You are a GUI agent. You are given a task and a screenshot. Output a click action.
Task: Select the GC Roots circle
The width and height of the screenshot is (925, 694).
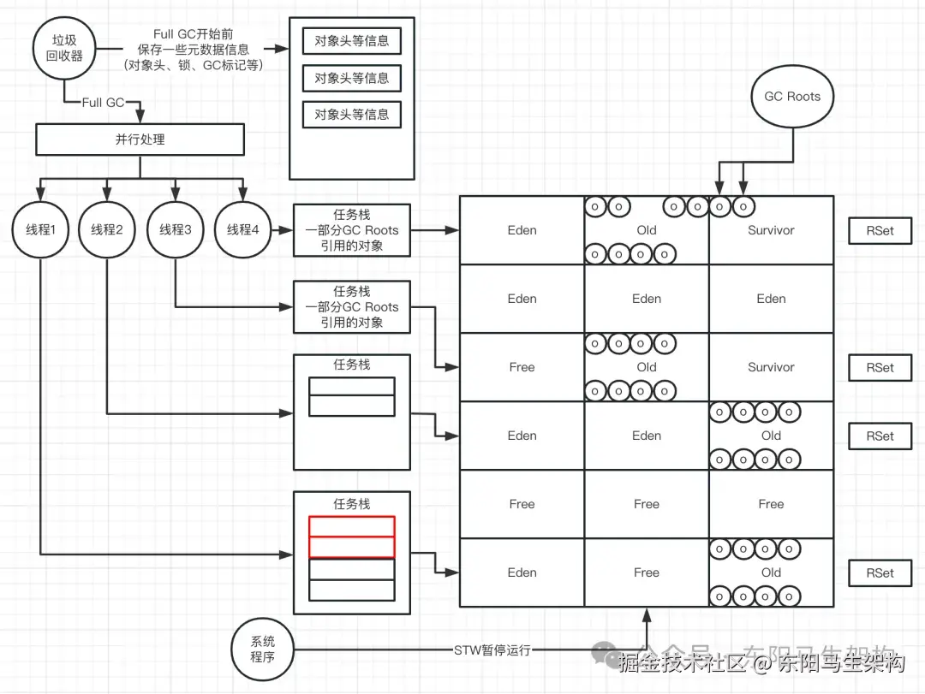(791, 97)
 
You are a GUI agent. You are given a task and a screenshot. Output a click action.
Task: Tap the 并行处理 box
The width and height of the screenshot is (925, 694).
(140, 139)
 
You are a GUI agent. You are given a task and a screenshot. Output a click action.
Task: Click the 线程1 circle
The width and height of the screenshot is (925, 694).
(39, 229)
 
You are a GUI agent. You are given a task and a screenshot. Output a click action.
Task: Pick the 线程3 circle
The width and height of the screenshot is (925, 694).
(175, 229)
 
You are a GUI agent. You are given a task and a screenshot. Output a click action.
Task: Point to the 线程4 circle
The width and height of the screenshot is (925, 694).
(242, 229)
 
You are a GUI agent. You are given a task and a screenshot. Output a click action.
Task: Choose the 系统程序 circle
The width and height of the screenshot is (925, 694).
(262, 650)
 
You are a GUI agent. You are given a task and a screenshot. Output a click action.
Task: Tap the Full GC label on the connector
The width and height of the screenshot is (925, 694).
(104, 103)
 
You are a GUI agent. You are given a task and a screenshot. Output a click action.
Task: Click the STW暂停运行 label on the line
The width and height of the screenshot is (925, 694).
(492, 650)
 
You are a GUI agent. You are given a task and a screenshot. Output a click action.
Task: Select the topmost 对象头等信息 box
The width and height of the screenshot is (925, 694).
(351, 41)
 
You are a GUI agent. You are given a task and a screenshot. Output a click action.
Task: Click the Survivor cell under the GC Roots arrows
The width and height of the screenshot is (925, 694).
(771, 230)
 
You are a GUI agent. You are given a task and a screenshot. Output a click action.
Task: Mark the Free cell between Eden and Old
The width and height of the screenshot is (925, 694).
(647, 572)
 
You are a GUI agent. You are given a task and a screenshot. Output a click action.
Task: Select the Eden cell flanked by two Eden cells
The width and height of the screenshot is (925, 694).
(647, 299)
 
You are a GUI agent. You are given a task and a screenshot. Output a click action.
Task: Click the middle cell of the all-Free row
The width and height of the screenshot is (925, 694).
(647, 504)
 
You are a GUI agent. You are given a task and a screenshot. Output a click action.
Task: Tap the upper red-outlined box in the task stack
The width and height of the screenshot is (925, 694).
(351, 526)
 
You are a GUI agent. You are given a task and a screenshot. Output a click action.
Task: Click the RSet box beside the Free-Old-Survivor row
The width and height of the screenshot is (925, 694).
(880, 367)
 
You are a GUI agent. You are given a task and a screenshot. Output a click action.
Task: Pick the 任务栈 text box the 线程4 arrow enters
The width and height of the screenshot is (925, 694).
(351, 230)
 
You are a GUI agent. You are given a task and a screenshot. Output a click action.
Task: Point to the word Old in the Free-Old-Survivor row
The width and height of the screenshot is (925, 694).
(647, 367)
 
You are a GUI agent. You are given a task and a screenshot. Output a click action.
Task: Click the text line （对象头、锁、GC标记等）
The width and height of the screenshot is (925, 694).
(193, 65)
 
